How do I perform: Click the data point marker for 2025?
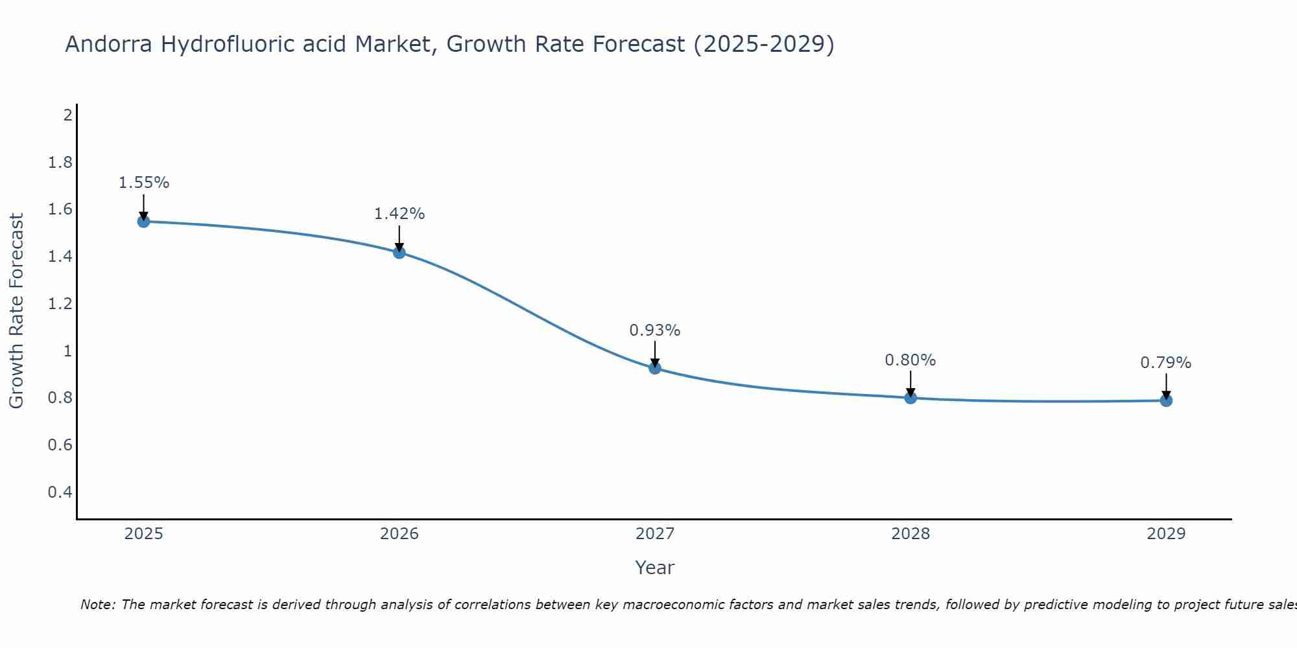tap(143, 222)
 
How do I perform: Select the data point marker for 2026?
tap(399, 252)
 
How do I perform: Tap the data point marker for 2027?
tap(655, 368)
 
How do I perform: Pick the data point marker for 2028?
tap(910, 398)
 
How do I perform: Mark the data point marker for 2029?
tap(1166, 400)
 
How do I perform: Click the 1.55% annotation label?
tap(143, 183)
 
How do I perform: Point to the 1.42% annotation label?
tap(399, 214)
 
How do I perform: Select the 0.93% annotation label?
tap(655, 330)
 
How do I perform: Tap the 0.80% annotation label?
tap(910, 360)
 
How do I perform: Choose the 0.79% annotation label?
tap(1166, 363)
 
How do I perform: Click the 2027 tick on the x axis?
tap(655, 534)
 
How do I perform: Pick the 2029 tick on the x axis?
tap(1166, 534)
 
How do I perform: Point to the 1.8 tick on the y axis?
tap(60, 163)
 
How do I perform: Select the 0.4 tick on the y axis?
tap(60, 492)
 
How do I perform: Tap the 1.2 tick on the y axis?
tap(60, 304)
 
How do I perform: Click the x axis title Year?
tap(655, 568)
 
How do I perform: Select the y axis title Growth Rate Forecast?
tap(16, 311)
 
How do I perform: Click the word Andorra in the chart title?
tap(109, 45)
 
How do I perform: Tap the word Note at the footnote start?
tap(98, 605)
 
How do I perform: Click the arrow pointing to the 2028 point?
tap(910, 384)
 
